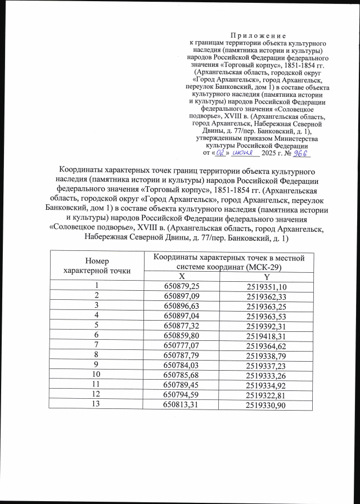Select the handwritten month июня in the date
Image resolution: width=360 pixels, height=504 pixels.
pyautogui.click(x=243, y=152)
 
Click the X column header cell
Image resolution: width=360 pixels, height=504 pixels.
pyautogui.click(x=181, y=277)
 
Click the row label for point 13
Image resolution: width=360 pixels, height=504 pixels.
pyautogui.click(x=96, y=404)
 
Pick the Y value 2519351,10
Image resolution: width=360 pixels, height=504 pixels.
pyautogui.click(x=267, y=287)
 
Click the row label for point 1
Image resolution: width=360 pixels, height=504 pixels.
pyautogui.click(x=96, y=286)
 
